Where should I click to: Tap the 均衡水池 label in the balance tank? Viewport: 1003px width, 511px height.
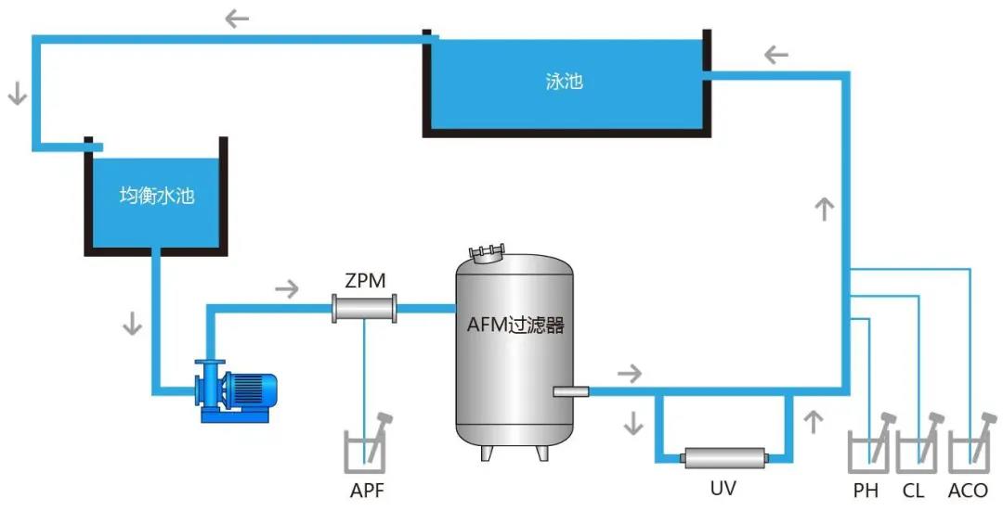coord(157,196)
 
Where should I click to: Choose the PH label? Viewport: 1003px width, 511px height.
coord(866,490)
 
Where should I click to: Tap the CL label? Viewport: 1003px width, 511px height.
coord(916,490)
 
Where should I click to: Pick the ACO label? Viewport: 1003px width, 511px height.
coord(968,490)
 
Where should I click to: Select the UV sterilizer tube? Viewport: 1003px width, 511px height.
coord(724,457)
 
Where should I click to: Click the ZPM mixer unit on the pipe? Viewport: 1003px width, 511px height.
coord(364,308)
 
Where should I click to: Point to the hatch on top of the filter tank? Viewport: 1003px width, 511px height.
coord(488,251)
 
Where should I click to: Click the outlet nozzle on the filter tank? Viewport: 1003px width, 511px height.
coord(570,391)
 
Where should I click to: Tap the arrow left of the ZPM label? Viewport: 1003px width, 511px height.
coord(287,288)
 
